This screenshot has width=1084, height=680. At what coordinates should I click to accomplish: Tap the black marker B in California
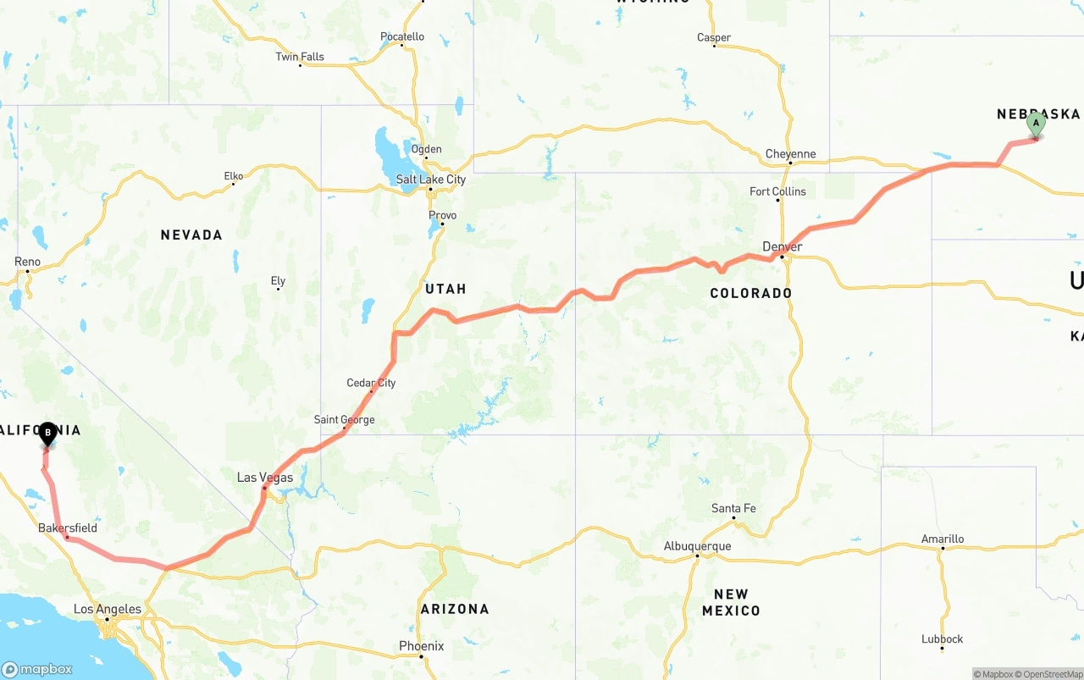(48, 434)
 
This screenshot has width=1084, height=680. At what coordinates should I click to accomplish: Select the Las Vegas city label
(264, 478)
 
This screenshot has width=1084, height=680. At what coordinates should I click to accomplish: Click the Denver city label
(782, 246)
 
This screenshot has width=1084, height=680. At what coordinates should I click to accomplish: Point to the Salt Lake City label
(431, 180)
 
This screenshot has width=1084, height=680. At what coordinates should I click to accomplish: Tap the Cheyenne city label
(790, 154)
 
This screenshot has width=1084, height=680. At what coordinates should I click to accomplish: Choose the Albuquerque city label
(697, 546)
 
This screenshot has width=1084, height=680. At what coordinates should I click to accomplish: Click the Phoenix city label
(421, 646)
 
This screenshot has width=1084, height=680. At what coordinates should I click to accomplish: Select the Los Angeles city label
(108, 609)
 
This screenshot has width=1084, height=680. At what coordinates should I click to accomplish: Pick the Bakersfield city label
(68, 528)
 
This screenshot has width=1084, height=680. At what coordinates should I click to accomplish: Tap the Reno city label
(27, 262)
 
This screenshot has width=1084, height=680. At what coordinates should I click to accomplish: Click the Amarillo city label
(943, 539)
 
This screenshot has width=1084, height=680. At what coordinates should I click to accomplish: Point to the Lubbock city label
(943, 639)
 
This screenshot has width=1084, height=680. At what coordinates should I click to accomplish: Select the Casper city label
(714, 37)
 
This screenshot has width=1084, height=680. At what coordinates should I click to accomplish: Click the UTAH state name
(445, 289)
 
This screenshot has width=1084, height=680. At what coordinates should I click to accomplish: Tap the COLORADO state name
(751, 293)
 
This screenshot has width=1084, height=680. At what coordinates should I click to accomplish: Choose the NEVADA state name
(191, 235)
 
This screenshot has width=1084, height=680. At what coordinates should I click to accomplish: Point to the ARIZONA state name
(455, 609)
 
